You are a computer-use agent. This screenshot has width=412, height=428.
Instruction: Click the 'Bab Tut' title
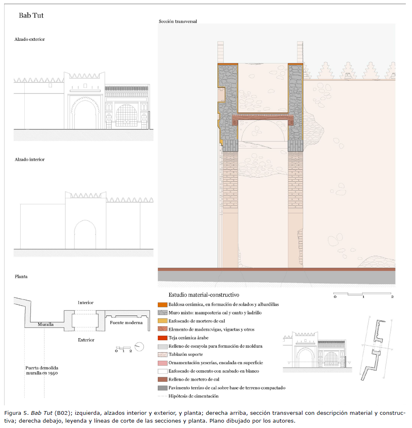[31, 16]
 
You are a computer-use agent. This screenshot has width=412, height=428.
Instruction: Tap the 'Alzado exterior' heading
[30, 39]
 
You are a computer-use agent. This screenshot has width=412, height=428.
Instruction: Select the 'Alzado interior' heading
[30, 159]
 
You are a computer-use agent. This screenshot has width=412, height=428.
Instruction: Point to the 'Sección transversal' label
[178, 21]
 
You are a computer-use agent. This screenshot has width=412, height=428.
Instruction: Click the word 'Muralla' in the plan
[46, 324]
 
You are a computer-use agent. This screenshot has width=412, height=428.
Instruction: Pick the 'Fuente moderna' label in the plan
[126, 323]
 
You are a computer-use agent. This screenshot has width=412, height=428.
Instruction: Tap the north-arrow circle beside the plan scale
[139, 347]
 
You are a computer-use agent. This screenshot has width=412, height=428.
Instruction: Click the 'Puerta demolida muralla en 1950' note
[42, 370]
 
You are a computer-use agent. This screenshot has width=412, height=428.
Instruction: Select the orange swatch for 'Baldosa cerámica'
[162, 304]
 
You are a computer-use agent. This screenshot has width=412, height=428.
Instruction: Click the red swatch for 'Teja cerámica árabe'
[162, 338]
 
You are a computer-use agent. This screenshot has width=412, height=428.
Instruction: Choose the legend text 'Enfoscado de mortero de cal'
[197, 321]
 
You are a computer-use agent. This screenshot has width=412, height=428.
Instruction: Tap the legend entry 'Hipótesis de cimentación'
[193, 396]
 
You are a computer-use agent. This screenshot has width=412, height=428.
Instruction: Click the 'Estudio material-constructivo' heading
[204, 295]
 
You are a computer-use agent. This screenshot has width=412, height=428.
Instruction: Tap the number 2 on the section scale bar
[392, 297]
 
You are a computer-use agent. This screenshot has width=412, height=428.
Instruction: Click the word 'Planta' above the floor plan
[21, 276]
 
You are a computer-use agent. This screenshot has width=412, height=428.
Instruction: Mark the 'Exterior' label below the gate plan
[86, 340]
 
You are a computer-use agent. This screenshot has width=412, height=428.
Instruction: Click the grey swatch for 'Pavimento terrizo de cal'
[162, 388]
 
